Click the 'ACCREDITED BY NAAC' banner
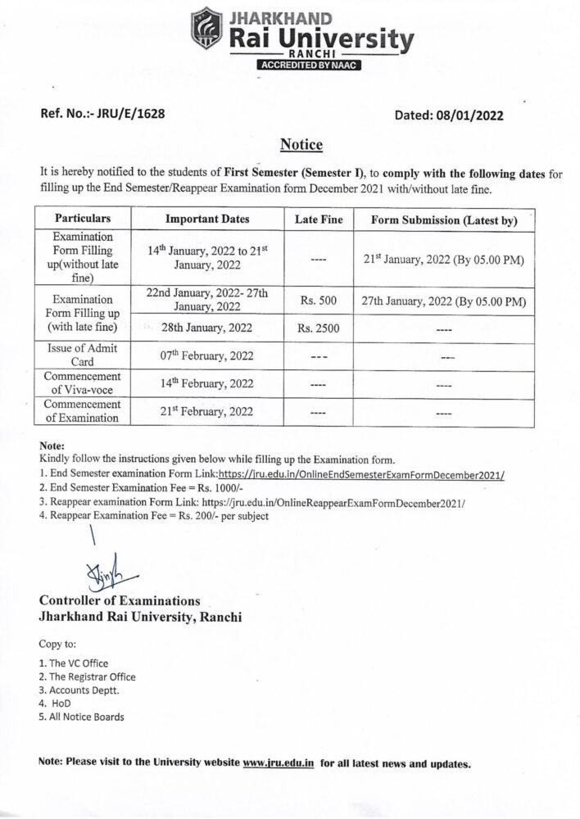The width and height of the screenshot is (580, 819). [309, 65]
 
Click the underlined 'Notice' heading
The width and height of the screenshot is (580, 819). [301, 145]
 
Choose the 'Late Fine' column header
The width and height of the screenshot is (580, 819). [319, 220]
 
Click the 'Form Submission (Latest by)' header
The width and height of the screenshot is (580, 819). [443, 220]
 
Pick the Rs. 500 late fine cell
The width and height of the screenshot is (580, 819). [319, 301]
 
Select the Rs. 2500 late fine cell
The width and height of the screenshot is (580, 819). [319, 328]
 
